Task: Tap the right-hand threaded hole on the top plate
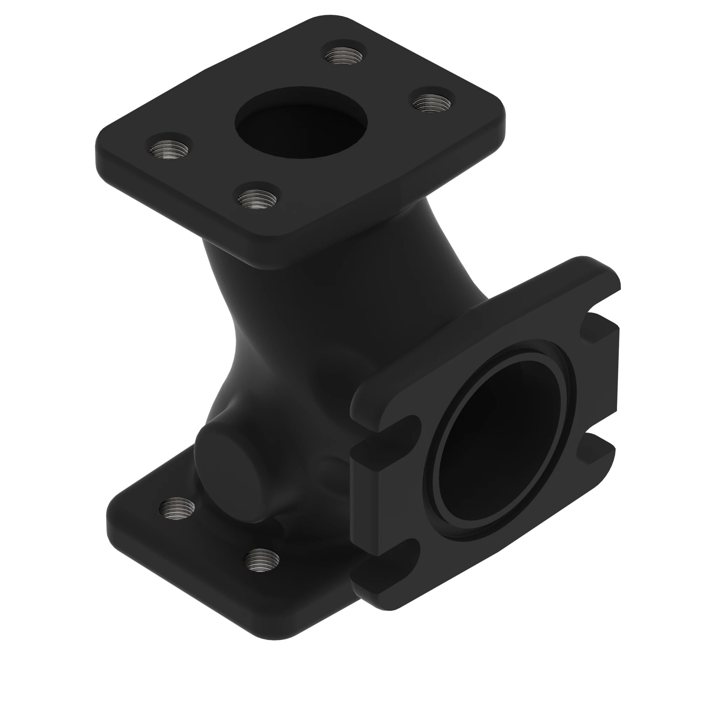click(x=432, y=103)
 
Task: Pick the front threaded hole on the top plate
click(x=257, y=199)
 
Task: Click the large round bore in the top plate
click(x=301, y=123)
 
